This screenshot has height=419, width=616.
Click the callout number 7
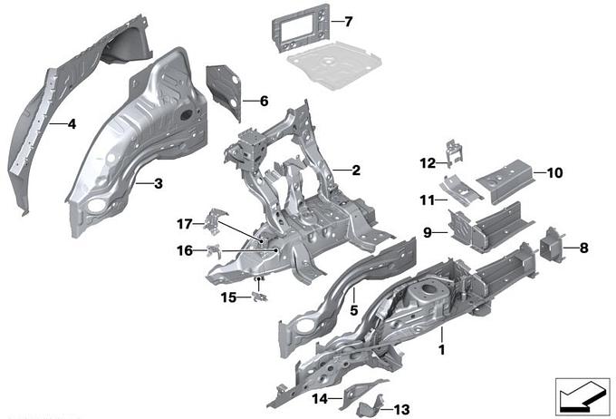point(350,20)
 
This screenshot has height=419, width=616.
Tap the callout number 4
point(71,125)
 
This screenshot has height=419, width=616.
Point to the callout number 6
point(264,102)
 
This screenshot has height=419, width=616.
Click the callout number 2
point(355,170)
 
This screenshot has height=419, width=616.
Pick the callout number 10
point(554,171)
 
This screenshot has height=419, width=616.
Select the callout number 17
point(184,222)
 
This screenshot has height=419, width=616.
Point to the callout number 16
point(185,250)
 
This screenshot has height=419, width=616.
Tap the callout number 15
point(228,296)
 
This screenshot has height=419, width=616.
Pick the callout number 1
point(441,347)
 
